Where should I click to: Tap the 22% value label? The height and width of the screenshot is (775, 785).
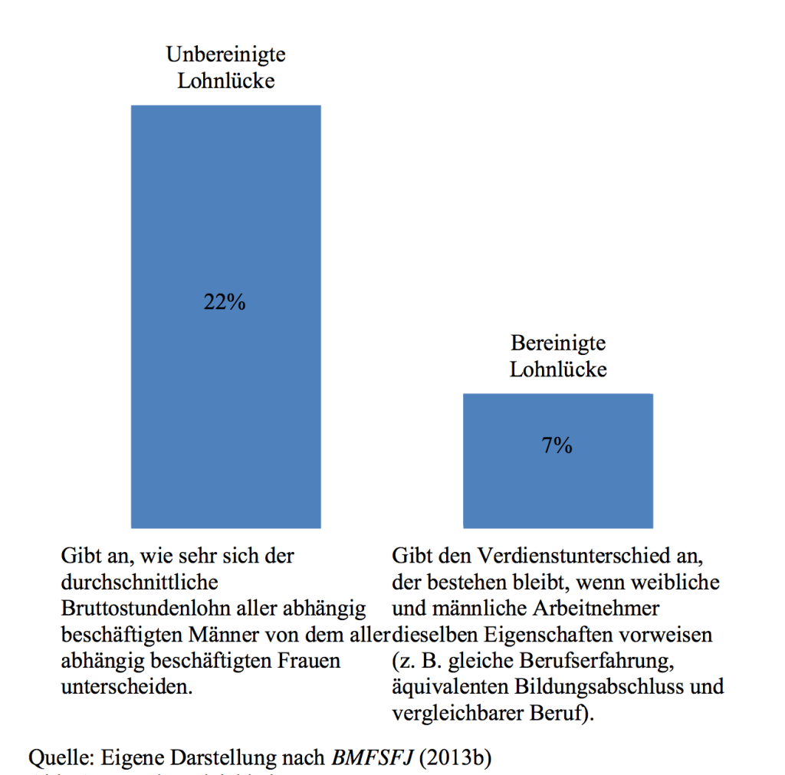[x=225, y=303]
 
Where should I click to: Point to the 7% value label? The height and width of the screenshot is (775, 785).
[x=557, y=445]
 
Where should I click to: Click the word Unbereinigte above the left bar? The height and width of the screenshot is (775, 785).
[x=225, y=55]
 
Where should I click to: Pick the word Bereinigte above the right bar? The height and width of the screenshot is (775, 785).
[x=558, y=343]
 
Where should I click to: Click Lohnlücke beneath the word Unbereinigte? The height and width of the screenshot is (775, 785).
[x=225, y=80]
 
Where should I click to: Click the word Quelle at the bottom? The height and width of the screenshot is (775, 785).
[x=61, y=758]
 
